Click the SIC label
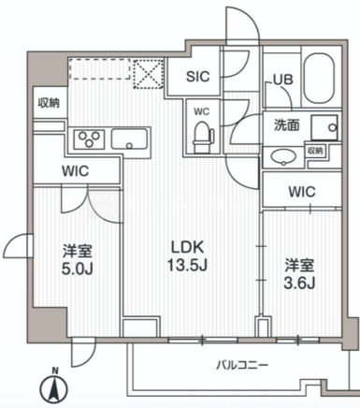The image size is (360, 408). pos(197,77)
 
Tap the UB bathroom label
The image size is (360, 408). pos(283,80)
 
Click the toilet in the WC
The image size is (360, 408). pos(203,137)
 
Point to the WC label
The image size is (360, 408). pos(202,111)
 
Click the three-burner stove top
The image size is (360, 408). pos(90,138)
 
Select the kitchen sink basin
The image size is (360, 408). pos(130,138)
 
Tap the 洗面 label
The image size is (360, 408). pos(286,125)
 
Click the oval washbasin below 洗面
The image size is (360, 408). pos(283,156)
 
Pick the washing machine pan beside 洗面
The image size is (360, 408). pos(324,127)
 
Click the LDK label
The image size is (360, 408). pos(188,247)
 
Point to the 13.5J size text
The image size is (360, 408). pos(188,266)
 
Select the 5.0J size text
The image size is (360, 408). pos(78,269)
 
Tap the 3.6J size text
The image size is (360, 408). pos(299,283)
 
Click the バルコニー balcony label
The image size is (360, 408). pos(242,365)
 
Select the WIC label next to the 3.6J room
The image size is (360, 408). pos(302,192)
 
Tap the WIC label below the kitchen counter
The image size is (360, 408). pos(75,171)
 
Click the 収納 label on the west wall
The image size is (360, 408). pos(49,103)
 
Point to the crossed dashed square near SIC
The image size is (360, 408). pos(149,74)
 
